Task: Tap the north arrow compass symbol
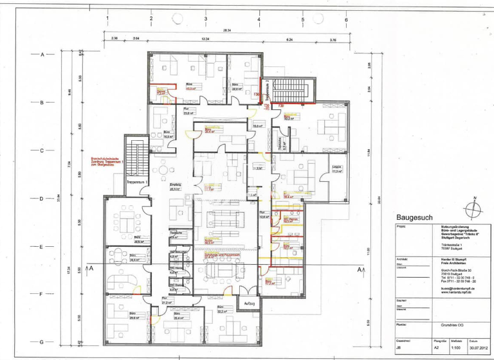474,206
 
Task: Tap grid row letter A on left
42,55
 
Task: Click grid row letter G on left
42,343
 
